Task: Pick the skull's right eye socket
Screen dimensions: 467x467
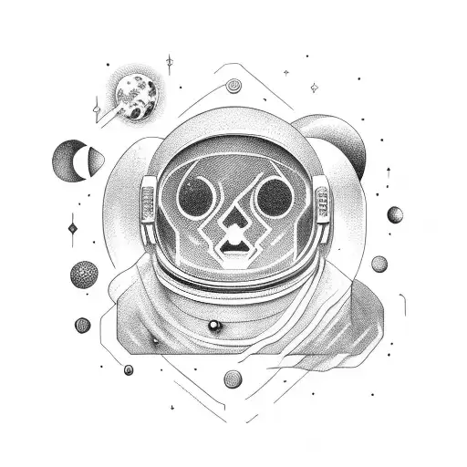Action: [x=271, y=194]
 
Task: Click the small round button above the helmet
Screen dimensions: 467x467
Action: [x=233, y=88]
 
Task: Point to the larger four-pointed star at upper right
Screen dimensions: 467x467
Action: [x=314, y=88]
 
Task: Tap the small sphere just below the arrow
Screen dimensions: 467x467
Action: [x=395, y=215]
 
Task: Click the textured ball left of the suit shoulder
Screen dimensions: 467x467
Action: [x=83, y=274]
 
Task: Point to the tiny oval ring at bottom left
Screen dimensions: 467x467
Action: [x=129, y=369]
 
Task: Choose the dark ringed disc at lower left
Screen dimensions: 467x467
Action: [x=83, y=325]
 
